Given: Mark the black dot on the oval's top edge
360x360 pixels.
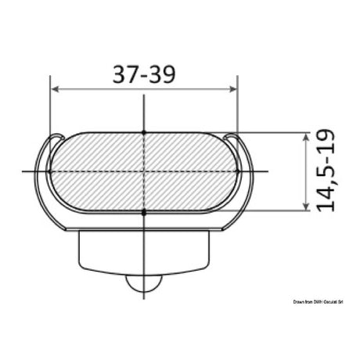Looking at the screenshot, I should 143,131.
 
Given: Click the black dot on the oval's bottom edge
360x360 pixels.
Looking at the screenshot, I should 143,211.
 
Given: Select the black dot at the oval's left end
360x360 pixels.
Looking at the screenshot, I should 49,171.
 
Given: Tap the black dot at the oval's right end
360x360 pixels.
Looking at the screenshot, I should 236,171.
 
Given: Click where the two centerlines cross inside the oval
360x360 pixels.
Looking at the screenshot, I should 143,171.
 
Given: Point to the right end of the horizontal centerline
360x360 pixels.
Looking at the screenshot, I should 268,171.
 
